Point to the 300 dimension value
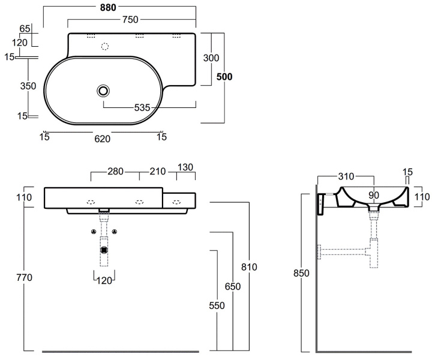click(211, 58)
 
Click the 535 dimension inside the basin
click(142, 107)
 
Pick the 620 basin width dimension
click(103, 138)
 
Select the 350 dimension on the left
click(28, 86)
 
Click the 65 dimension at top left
click(25, 28)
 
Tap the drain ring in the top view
click(104, 91)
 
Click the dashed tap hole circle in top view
click(106, 47)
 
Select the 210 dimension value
click(157, 171)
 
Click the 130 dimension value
click(185, 167)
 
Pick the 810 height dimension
click(248, 266)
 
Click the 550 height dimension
click(216, 305)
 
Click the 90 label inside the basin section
click(373, 195)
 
